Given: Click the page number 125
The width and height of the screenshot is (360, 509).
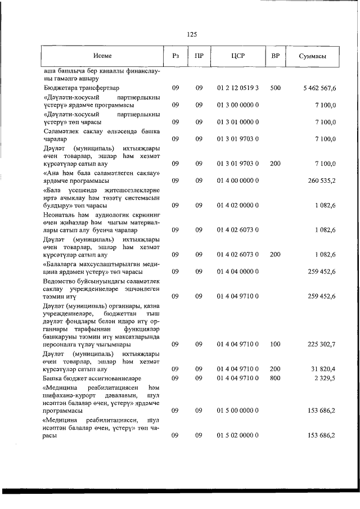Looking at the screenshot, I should [x=191, y=34].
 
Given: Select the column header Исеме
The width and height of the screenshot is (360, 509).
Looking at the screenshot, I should [x=102, y=56].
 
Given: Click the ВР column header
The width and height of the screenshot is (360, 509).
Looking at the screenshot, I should [x=275, y=56].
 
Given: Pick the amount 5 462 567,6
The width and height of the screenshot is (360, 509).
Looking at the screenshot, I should [x=319, y=88].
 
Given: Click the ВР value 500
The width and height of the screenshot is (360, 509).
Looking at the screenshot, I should [x=275, y=88].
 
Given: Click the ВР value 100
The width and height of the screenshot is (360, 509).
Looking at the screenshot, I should [x=275, y=344].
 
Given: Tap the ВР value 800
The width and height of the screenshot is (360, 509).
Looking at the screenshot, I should [x=275, y=379].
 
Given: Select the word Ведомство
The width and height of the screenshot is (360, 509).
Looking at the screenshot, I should [x=61, y=280].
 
